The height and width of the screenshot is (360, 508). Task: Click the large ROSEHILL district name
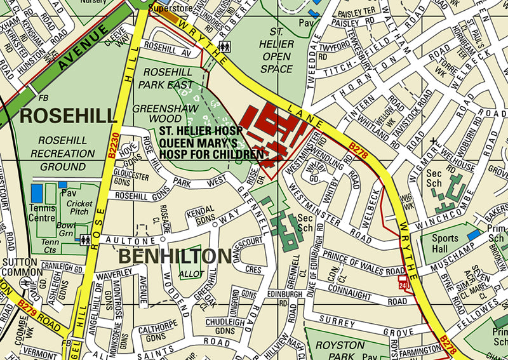click(x=68, y=116)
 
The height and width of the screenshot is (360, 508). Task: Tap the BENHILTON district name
click(x=174, y=257)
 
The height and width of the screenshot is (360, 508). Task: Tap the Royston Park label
click(x=344, y=350)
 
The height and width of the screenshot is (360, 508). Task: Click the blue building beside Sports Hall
click(x=473, y=235)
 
